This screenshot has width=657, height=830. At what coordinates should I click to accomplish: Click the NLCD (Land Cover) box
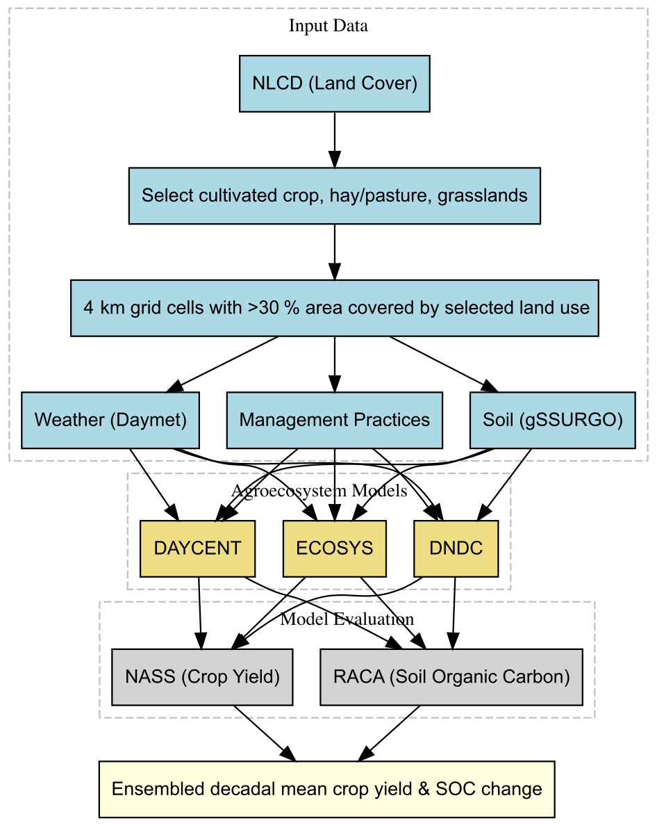(334, 83)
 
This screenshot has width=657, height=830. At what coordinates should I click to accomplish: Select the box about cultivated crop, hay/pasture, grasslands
(334, 196)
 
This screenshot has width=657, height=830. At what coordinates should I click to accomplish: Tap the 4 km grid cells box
(334, 308)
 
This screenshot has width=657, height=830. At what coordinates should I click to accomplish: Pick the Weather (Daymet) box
(110, 421)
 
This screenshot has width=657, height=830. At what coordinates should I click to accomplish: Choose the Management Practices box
(334, 421)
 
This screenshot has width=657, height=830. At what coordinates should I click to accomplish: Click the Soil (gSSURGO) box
(553, 421)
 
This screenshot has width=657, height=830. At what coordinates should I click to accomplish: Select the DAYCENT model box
(197, 548)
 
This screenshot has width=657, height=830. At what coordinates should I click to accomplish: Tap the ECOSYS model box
(334, 548)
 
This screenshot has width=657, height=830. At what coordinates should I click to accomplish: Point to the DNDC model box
(456, 548)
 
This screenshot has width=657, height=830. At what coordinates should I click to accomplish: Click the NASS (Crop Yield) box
(202, 677)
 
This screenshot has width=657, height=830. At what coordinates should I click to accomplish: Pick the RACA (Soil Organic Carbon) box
(451, 677)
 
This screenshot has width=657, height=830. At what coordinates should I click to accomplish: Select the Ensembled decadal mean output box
(327, 789)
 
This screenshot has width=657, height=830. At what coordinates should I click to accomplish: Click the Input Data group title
(328, 26)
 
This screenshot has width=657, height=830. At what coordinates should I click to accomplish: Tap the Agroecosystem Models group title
(319, 491)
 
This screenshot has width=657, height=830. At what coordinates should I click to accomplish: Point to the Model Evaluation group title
(347, 619)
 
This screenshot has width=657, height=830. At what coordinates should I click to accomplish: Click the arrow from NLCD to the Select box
(334, 140)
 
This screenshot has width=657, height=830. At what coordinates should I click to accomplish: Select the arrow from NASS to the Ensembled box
(265, 733)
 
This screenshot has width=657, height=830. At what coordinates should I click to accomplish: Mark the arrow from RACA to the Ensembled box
(390, 733)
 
